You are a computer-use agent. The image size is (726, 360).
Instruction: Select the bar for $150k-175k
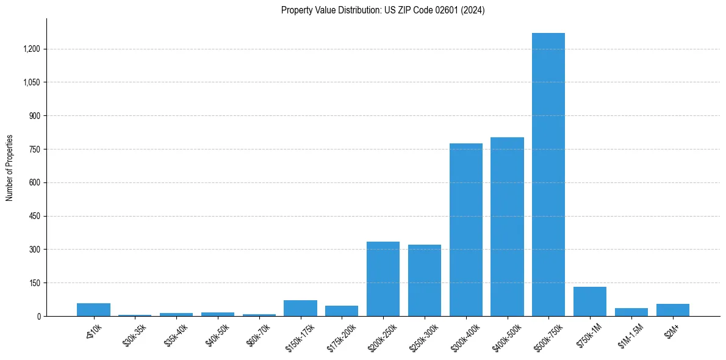[300, 308]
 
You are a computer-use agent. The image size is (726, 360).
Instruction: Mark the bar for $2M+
[672, 310]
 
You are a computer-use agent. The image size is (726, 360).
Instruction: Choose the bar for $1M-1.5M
[631, 312]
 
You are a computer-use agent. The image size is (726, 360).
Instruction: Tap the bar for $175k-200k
[342, 311]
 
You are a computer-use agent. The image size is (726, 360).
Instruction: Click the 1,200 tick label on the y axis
[31, 49]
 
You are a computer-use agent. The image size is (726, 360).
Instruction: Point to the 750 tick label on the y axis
[35, 149]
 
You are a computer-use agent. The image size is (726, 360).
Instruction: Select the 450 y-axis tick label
[35, 216]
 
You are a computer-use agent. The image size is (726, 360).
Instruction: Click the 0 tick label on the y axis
[38, 316]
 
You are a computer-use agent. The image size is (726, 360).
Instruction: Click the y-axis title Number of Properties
[9, 167]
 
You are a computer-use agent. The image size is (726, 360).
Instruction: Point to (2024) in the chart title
[473, 10]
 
